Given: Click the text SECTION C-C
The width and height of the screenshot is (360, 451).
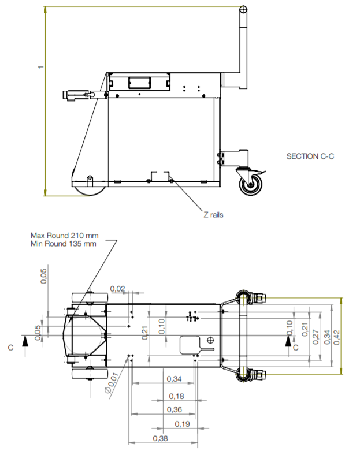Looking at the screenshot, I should (310, 156).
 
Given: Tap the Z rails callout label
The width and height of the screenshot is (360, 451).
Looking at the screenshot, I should (213, 214).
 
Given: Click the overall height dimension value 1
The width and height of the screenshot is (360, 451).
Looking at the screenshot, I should (40, 68).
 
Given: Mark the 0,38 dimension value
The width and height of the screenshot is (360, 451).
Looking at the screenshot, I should (161, 439).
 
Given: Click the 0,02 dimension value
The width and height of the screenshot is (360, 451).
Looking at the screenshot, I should (117, 288).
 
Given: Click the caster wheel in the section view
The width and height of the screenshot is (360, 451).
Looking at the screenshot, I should (251, 185).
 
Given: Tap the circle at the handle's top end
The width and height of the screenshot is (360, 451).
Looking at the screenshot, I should (243, 9).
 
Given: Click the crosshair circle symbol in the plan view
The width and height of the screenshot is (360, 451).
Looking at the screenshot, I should (210, 340).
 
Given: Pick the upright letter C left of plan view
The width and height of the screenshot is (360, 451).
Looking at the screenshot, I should (10, 348).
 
